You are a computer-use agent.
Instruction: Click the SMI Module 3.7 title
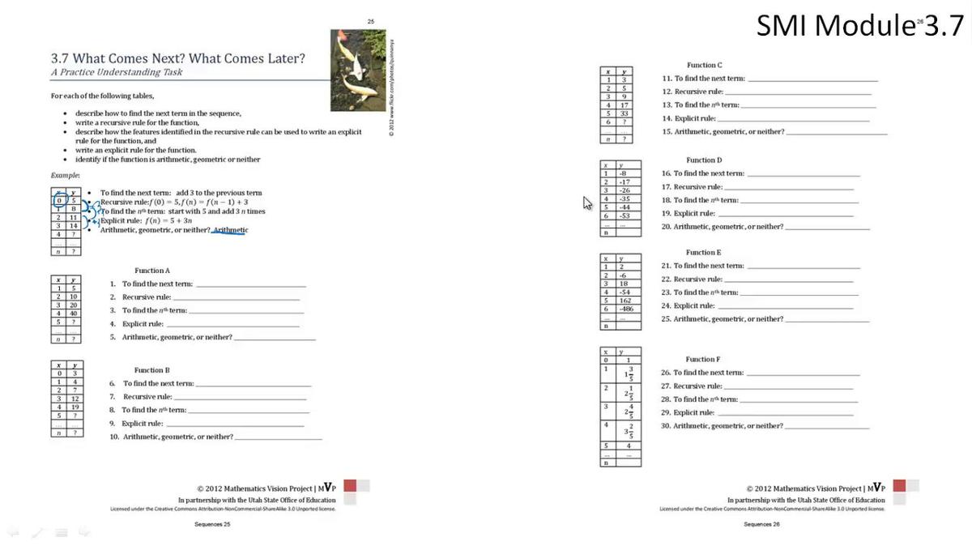859,25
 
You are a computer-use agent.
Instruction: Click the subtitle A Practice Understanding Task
117,72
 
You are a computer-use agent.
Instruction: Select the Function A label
152,271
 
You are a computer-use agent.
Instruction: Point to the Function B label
152,370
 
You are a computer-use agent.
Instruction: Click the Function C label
705,66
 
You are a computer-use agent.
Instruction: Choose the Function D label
704,160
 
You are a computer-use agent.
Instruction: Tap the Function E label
704,253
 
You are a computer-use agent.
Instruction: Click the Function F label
703,360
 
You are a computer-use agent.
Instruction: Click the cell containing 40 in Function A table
73,313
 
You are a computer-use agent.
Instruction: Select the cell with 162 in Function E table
625,301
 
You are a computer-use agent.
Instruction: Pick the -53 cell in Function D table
625,215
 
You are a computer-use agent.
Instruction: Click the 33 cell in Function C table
625,113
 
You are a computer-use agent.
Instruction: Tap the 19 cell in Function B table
74,407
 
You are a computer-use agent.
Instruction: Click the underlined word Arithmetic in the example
230,230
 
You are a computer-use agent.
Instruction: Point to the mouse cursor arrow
586,202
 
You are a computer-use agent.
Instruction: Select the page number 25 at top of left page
371,21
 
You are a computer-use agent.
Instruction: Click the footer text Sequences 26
761,525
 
